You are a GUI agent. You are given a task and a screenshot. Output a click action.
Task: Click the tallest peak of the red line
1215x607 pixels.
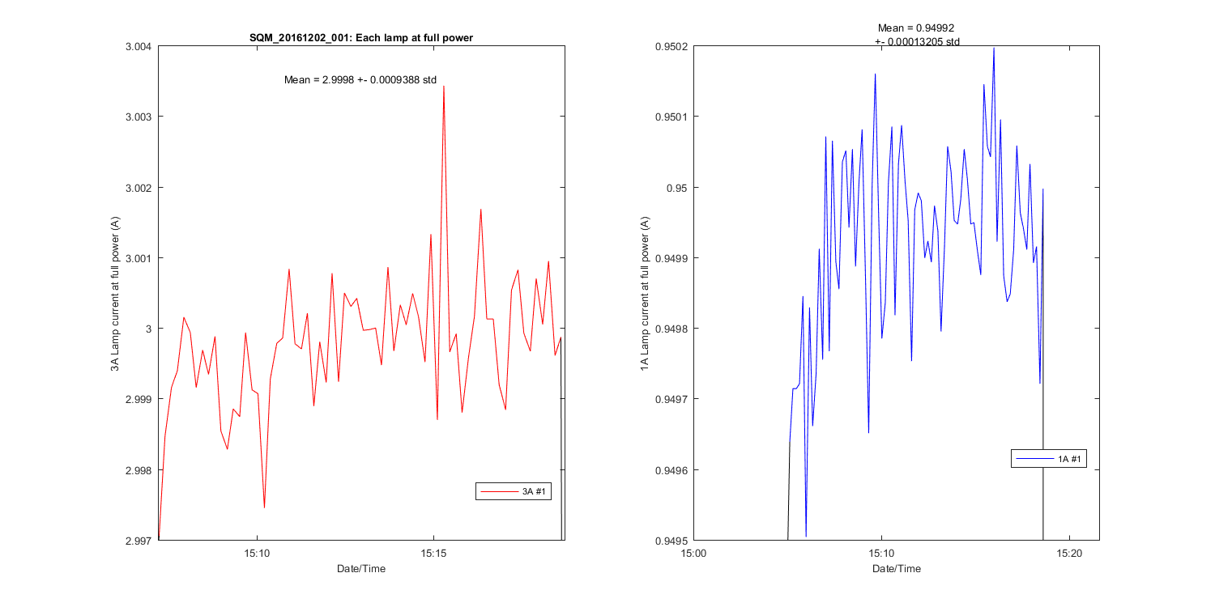(x=444, y=87)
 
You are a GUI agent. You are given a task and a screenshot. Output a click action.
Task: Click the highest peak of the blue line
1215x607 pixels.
(x=993, y=49)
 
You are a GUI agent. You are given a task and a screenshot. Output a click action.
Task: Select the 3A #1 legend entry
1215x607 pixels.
(x=514, y=491)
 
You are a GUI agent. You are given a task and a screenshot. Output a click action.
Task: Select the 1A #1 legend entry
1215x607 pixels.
(x=1049, y=459)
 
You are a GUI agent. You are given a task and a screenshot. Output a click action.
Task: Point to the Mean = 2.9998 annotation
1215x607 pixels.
(x=360, y=79)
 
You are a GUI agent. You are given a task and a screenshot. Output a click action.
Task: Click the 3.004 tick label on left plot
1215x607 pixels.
(x=138, y=46)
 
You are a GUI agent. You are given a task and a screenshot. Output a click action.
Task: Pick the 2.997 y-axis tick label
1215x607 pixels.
(x=138, y=540)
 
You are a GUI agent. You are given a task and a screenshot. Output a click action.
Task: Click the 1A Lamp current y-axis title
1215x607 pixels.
(x=645, y=293)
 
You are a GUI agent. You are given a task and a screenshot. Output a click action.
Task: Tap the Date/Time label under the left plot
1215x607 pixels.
(x=361, y=569)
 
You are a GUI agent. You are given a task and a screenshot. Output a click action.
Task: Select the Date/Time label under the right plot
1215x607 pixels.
(x=896, y=569)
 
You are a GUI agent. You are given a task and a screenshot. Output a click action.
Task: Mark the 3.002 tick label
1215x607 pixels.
(x=138, y=187)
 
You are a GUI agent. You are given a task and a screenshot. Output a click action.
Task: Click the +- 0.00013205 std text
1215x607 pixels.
(x=917, y=41)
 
